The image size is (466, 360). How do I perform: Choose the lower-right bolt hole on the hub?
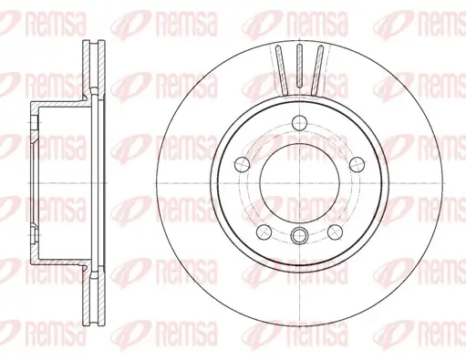(335, 231)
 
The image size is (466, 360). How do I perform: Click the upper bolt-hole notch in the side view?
(35, 118)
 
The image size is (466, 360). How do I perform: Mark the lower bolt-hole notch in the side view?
(35, 242)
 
